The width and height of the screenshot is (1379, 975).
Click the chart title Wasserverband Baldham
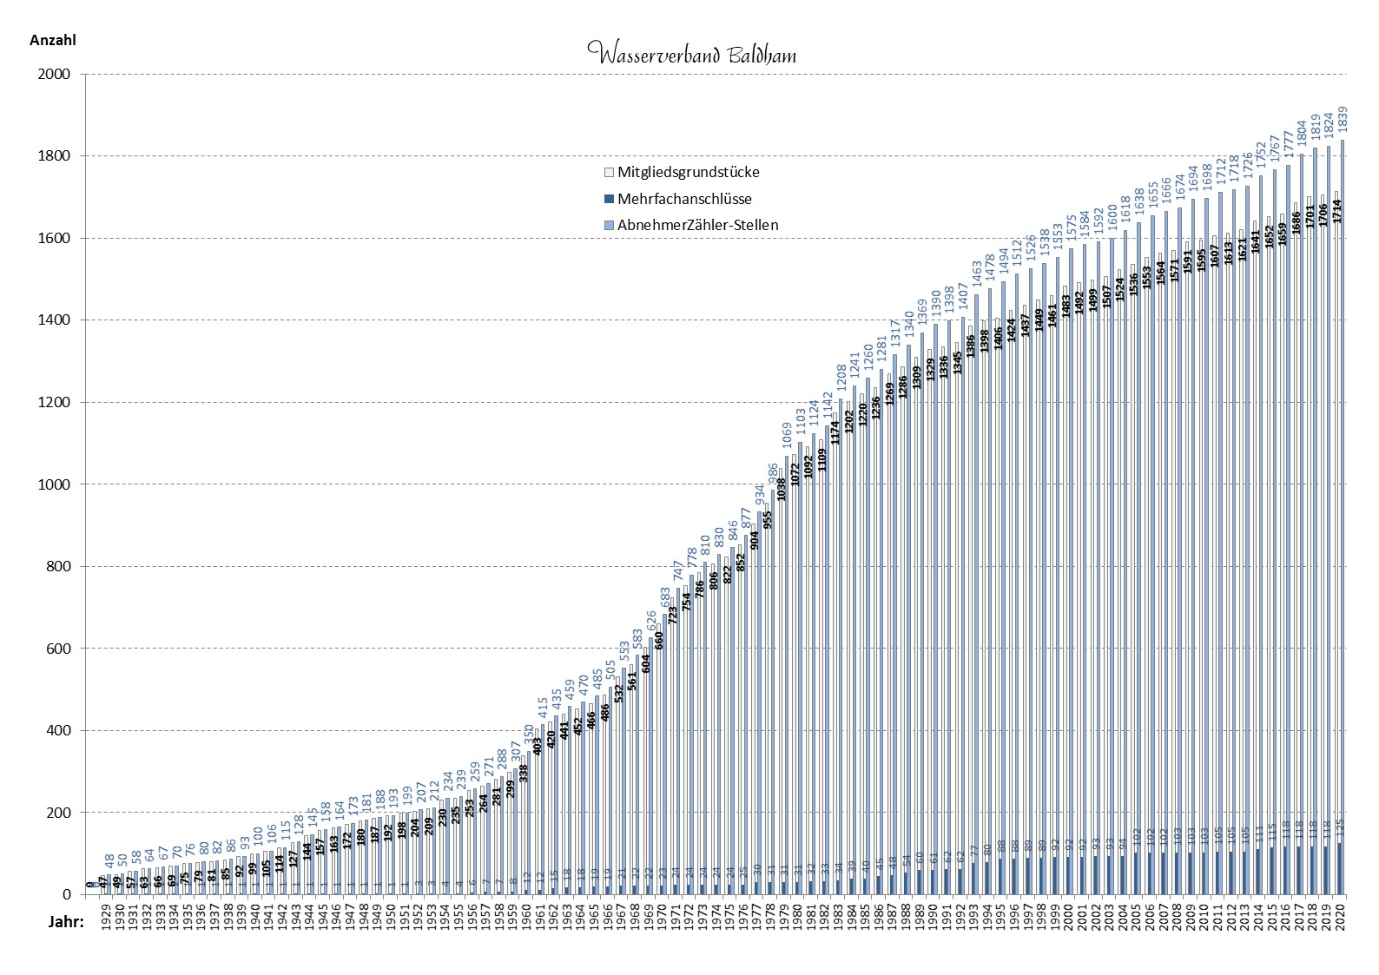point(691,55)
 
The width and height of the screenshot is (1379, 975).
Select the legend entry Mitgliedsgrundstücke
point(689,172)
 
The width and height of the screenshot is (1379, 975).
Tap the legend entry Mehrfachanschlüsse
point(684,199)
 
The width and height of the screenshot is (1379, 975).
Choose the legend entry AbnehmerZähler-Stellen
point(698,225)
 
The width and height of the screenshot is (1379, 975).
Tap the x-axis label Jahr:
point(64,922)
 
